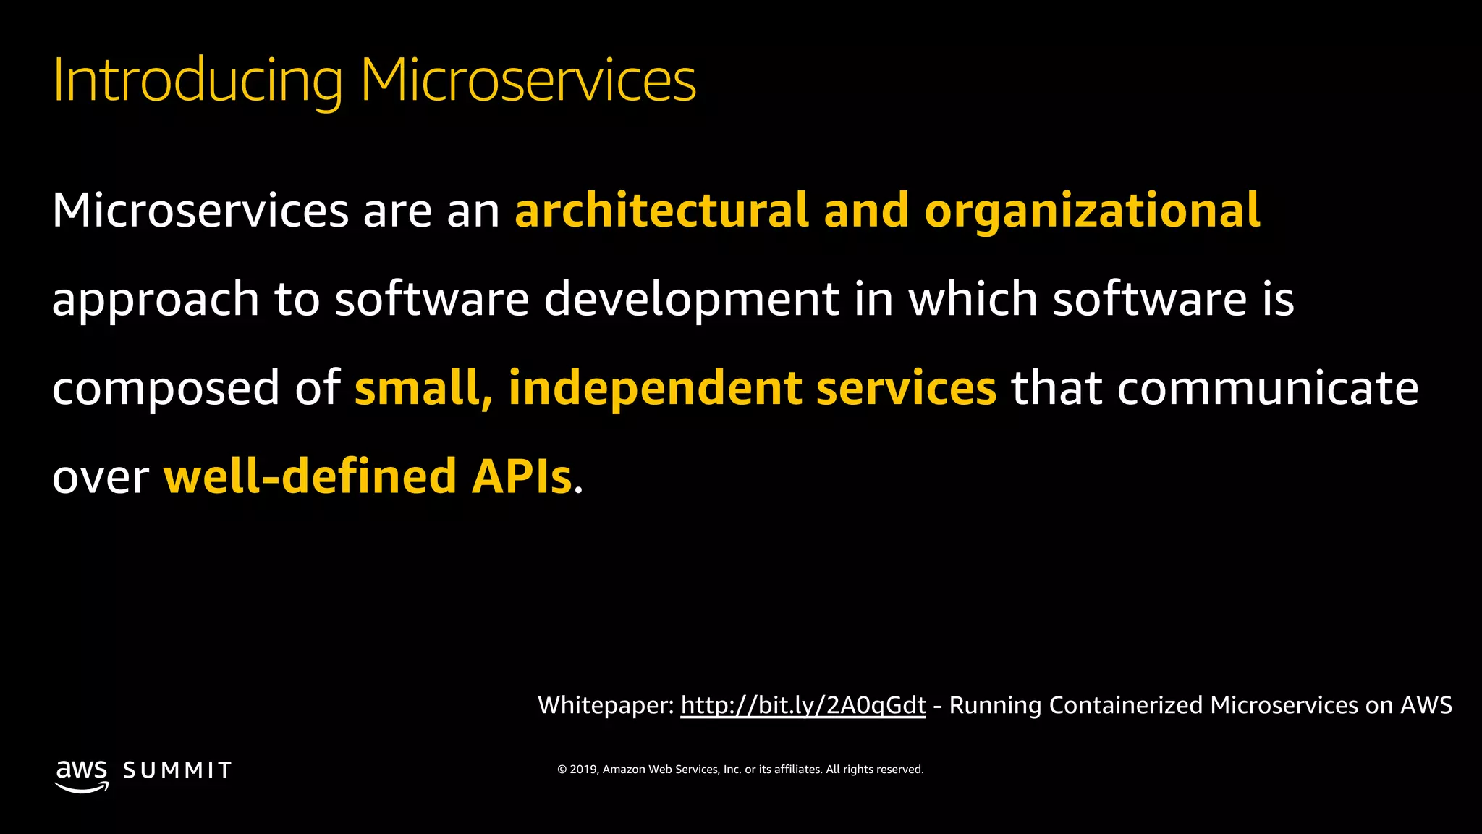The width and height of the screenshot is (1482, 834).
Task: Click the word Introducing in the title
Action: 197,80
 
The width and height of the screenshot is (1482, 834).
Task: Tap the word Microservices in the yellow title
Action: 528,80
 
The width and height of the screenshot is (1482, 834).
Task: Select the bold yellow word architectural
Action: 661,211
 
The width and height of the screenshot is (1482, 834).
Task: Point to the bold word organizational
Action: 1092,211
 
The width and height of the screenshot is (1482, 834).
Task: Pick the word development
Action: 691,300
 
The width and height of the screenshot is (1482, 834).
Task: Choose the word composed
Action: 166,389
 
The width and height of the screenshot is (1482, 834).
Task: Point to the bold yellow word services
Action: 907,389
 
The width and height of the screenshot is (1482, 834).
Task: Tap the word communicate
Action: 1268,389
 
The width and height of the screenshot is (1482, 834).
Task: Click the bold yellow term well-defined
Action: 310,477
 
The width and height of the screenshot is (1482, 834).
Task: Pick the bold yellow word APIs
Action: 522,477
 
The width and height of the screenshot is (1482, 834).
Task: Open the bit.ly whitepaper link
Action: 803,705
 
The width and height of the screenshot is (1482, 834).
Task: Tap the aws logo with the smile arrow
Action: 82,775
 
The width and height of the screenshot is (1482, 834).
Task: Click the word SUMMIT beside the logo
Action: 177,770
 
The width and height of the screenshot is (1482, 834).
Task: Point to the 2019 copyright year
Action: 583,770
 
